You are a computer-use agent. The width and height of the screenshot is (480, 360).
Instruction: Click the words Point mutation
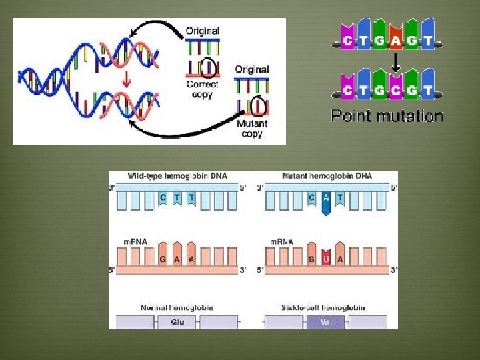click(x=387, y=117)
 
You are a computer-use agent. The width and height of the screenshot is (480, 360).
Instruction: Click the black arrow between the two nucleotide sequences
click(x=395, y=64)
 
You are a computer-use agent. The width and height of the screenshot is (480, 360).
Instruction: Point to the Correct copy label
click(x=203, y=89)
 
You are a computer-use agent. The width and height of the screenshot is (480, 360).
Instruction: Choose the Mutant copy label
click(x=252, y=129)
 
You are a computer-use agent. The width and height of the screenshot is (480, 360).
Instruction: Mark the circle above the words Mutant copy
click(x=256, y=105)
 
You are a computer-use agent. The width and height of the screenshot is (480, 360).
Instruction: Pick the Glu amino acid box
click(x=177, y=321)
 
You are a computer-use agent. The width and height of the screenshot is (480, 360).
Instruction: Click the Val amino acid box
click(x=325, y=321)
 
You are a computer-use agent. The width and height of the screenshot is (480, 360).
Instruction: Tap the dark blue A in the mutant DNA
click(x=325, y=198)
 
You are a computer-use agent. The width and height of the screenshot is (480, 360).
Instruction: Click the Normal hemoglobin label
click(x=177, y=308)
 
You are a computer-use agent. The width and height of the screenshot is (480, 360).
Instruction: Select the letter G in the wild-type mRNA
click(x=163, y=259)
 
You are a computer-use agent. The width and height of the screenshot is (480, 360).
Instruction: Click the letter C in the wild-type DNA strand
click(x=163, y=197)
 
